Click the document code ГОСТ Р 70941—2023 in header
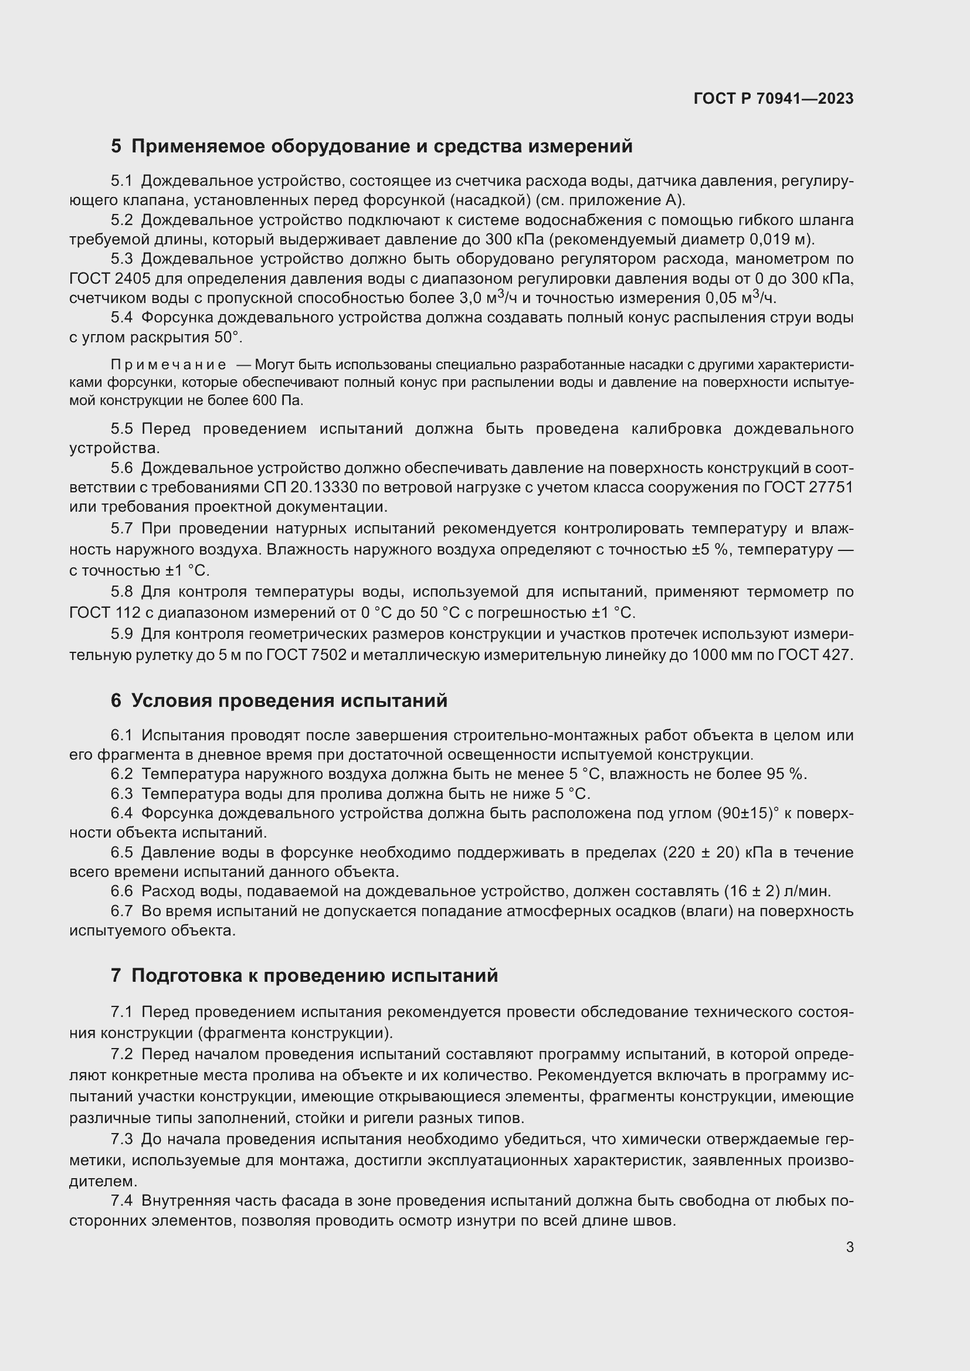(774, 98)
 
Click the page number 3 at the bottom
(849, 1247)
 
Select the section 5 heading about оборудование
(371, 147)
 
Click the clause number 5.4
(122, 318)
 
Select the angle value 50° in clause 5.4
(226, 338)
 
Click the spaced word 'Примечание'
(168, 365)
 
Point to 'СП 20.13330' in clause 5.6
(311, 488)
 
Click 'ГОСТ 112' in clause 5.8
(104, 613)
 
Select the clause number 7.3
(122, 1139)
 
